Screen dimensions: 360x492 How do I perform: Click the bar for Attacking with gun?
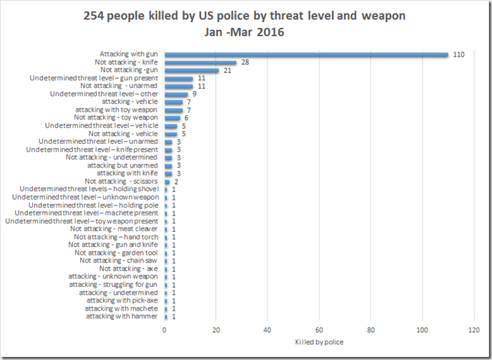pyautogui.click(x=306, y=54)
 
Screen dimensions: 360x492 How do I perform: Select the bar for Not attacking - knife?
pyautogui.click(x=200, y=62)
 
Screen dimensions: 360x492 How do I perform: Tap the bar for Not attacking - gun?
pyautogui.click(x=192, y=70)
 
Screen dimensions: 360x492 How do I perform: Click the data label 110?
pyautogui.click(x=459, y=54)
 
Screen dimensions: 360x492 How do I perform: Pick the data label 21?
pyautogui.click(x=228, y=70)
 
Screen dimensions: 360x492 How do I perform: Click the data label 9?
pyautogui.click(x=195, y=94)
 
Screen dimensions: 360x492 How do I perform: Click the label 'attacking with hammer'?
pyautogui.click(x=122, y=316)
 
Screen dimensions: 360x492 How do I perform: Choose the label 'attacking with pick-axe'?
pyautogui.click(x=122, y=300)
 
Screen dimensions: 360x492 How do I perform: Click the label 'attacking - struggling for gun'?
pyautogui.click(x=114, y=284)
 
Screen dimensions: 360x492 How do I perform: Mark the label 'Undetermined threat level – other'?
pyautogui.click(x=104, y=94)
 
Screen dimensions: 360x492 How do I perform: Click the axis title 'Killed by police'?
pyautogui.click(x=319, y=342)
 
